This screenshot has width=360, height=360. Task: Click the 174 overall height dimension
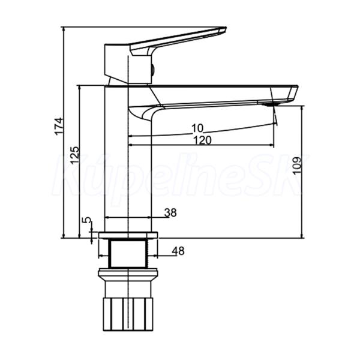[59, 126]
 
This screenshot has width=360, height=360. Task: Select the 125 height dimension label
[75, 155]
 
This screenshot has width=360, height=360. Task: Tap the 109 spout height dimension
[297, 166]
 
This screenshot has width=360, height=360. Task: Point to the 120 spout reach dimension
[202, 140]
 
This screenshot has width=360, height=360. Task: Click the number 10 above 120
[197, 128]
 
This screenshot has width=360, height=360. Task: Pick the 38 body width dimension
[170, 212]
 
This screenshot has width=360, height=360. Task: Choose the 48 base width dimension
[178, 251]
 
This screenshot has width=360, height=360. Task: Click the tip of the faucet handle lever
[226, 28]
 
